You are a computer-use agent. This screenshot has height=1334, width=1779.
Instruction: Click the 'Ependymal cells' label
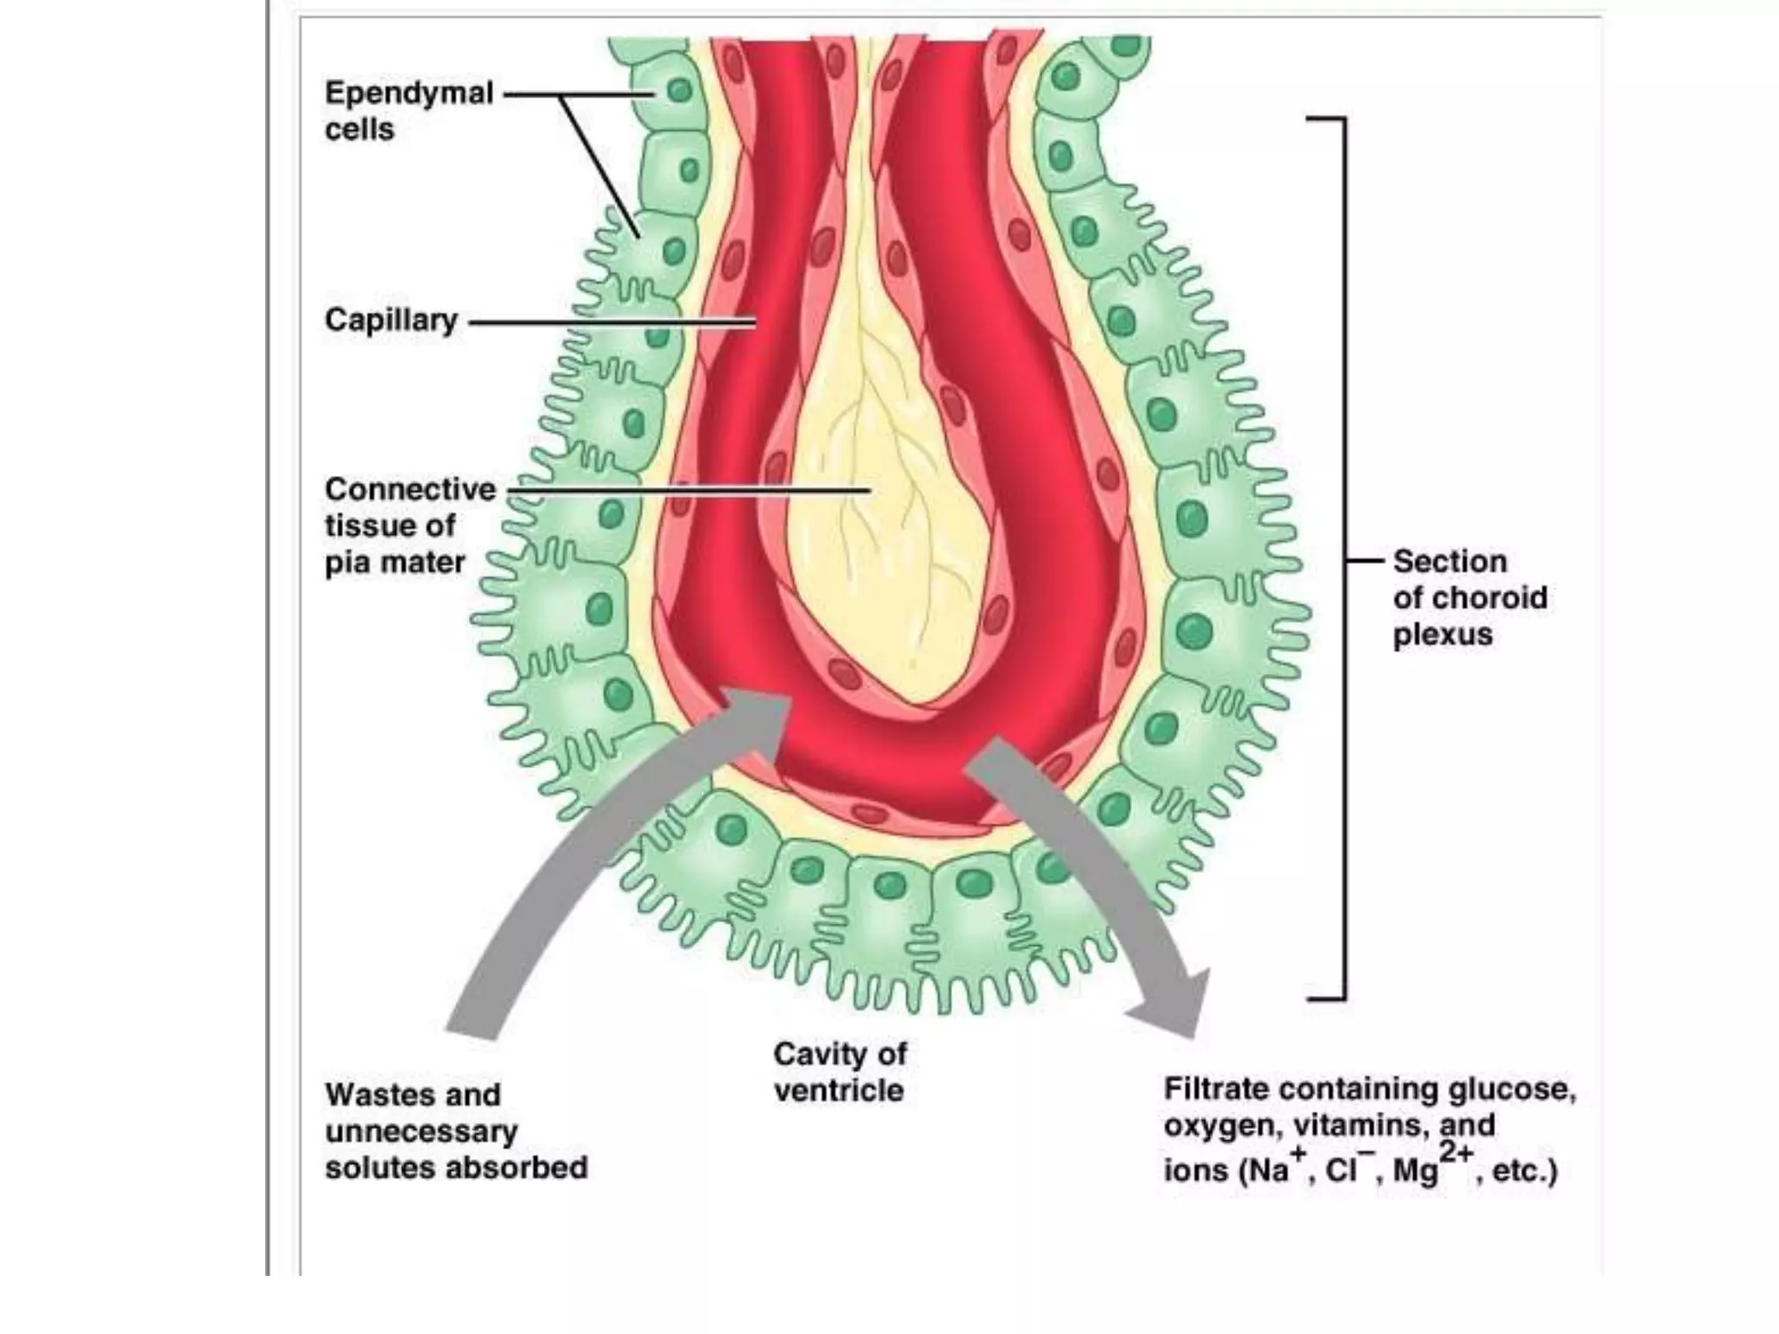[x=408, y=110]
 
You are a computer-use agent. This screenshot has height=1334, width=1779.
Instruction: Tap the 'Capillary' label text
[x=391, y=320]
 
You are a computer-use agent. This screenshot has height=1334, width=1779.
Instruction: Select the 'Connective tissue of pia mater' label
[x=409, y=525]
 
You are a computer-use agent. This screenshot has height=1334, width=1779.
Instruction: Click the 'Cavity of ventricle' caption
[x=839, y=1072]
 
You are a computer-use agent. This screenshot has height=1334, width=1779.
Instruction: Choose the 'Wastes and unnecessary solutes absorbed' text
[x=455, y=1131]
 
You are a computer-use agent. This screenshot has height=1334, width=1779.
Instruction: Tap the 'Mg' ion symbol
[x=1415, y=1171]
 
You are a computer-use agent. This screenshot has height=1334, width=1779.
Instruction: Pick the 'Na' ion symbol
[x=1267, y=1171]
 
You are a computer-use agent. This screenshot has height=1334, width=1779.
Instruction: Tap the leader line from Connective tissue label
[x=686, y=491]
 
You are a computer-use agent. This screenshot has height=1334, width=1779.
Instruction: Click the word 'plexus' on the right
[x=1443, y=635]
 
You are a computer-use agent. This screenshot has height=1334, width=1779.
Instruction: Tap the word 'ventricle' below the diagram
[x=839, y=1091]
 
